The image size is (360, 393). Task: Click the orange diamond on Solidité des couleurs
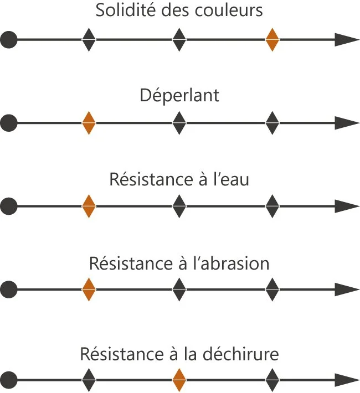[x=272, y=40]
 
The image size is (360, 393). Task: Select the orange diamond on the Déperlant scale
[x=89, y=123]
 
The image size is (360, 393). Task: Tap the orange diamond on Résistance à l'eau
[x=89, y=206]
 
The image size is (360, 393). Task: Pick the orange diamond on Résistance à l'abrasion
[x=89, y=289]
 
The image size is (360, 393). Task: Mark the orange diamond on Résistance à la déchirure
[x=178, y=380]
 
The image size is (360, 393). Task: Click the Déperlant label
[x=179, y=95]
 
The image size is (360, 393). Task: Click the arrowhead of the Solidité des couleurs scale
[x=348, y=40]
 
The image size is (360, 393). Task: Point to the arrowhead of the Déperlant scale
[x=348, y=123]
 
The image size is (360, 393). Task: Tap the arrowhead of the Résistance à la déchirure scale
[x=348, y=380]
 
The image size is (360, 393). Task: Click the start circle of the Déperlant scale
[x=8, y=123]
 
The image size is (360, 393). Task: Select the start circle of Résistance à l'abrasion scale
[x=8, y=289]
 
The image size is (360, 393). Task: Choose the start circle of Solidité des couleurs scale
[x=8, y=40]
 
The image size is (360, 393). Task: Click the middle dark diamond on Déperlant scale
[x=178, y=123]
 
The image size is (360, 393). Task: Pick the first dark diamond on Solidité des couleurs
[x=89, y=40]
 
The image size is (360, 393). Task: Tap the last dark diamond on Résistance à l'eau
[x=272, y=206]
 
